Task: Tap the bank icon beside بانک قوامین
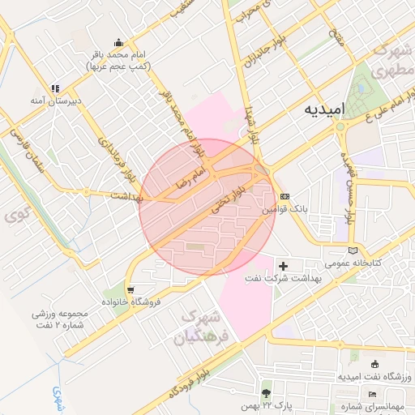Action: [x=284, y=196]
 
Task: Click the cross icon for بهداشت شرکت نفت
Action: [x=283, y=266]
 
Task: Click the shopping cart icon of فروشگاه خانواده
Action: [x=130, y=289]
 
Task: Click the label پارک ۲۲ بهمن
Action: [x=265, y=402]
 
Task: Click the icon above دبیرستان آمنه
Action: [x=55, y=88]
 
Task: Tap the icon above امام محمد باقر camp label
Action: [x=119, y=43]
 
